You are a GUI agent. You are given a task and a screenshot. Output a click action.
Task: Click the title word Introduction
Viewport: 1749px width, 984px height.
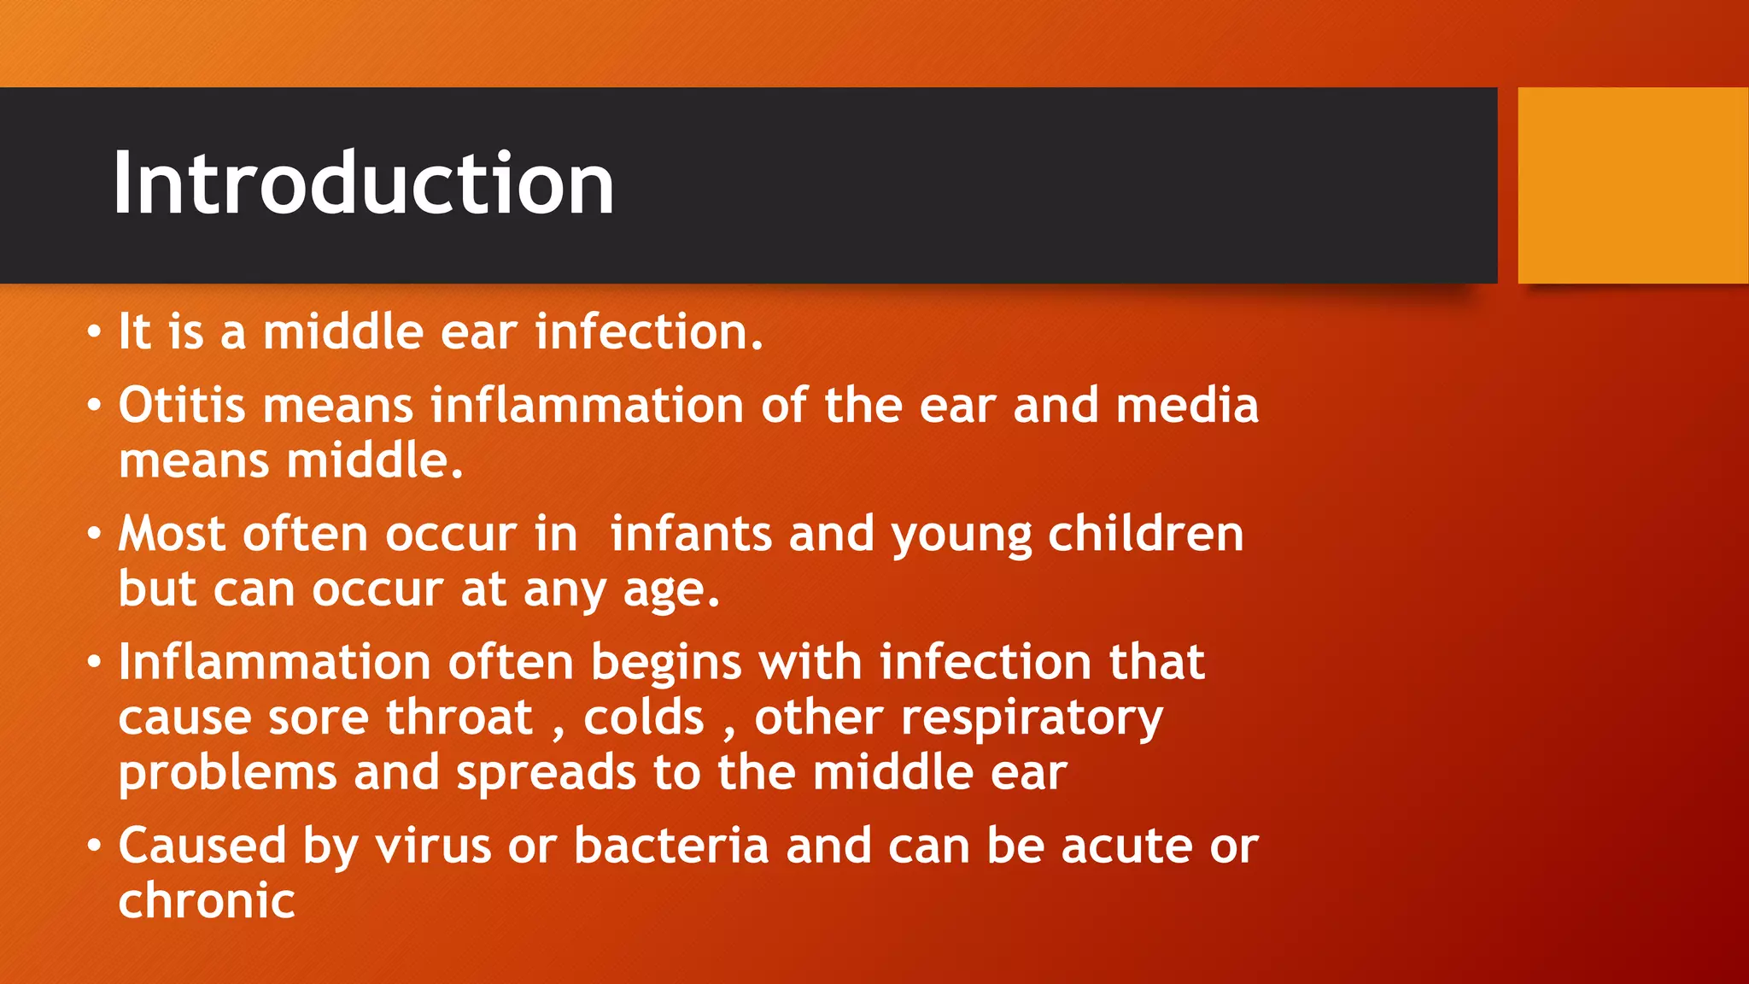pos(363,183)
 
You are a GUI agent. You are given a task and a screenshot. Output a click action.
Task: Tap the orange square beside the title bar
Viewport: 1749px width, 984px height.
pos(1632,185)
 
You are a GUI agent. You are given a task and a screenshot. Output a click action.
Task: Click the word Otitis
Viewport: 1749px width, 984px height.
pos(181,405)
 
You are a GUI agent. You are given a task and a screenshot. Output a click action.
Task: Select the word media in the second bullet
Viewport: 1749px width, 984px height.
pos(1187,405)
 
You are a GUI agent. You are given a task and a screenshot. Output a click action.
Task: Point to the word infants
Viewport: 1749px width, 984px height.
pos(691,535)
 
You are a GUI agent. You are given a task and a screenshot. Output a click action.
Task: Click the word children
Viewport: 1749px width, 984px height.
pos(1145,535)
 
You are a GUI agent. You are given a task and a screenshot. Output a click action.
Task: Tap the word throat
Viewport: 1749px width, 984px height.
pos(459,717)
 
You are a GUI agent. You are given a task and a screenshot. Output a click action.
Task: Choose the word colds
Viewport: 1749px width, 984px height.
pos(644,717)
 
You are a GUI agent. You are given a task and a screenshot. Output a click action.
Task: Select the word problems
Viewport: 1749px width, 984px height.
pos(227,774)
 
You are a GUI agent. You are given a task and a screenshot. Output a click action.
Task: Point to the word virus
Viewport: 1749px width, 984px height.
pos(433,846)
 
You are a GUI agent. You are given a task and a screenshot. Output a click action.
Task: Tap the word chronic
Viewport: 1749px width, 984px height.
pos(207,901)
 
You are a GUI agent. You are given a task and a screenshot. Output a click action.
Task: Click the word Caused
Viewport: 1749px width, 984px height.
pos(202,846)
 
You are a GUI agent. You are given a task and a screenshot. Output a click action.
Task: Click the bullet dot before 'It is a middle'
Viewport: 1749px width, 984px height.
pos(94,332)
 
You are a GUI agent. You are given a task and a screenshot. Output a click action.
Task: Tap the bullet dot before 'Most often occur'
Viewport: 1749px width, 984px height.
pos(94,535)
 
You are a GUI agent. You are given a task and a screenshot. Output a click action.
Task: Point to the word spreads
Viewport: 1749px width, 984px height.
pos(546,774)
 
